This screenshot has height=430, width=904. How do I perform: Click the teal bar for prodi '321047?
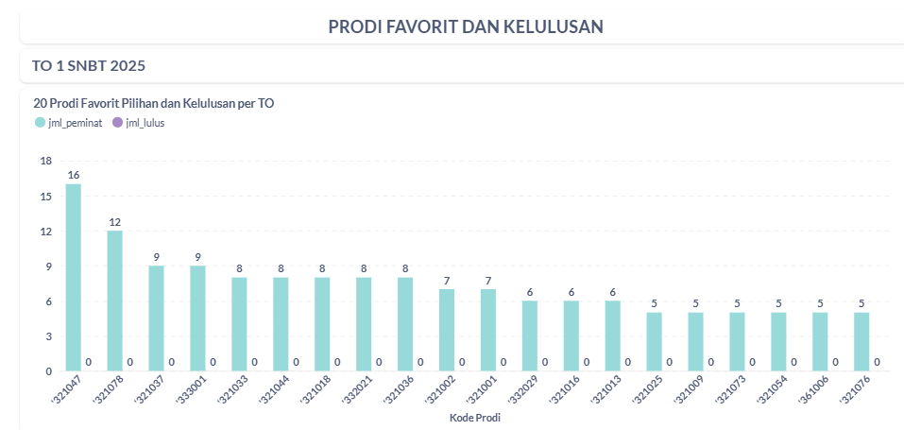point(73,277)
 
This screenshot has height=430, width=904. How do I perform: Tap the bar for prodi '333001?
point(197,318)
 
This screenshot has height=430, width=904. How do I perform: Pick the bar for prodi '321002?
point(447,330)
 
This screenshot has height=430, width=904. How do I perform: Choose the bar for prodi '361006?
point(820,341)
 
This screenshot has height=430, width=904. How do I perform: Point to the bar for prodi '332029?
point(530,335)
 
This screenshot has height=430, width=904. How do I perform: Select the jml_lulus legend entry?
point(137,123)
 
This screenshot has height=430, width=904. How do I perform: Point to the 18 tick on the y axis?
point(45,162)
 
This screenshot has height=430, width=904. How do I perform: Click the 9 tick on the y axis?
point(47,267)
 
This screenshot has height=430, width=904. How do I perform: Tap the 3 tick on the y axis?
point(47,336)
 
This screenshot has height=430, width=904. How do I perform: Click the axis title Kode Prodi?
point(475,417)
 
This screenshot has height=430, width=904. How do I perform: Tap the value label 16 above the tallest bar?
point(73,176)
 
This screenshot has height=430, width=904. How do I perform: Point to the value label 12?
point(114,222)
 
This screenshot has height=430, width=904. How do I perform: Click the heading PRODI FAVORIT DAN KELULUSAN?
point(466,26)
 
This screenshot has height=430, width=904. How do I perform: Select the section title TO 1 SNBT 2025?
point(89,66)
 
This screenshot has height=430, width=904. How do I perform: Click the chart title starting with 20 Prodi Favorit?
point(154,103)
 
